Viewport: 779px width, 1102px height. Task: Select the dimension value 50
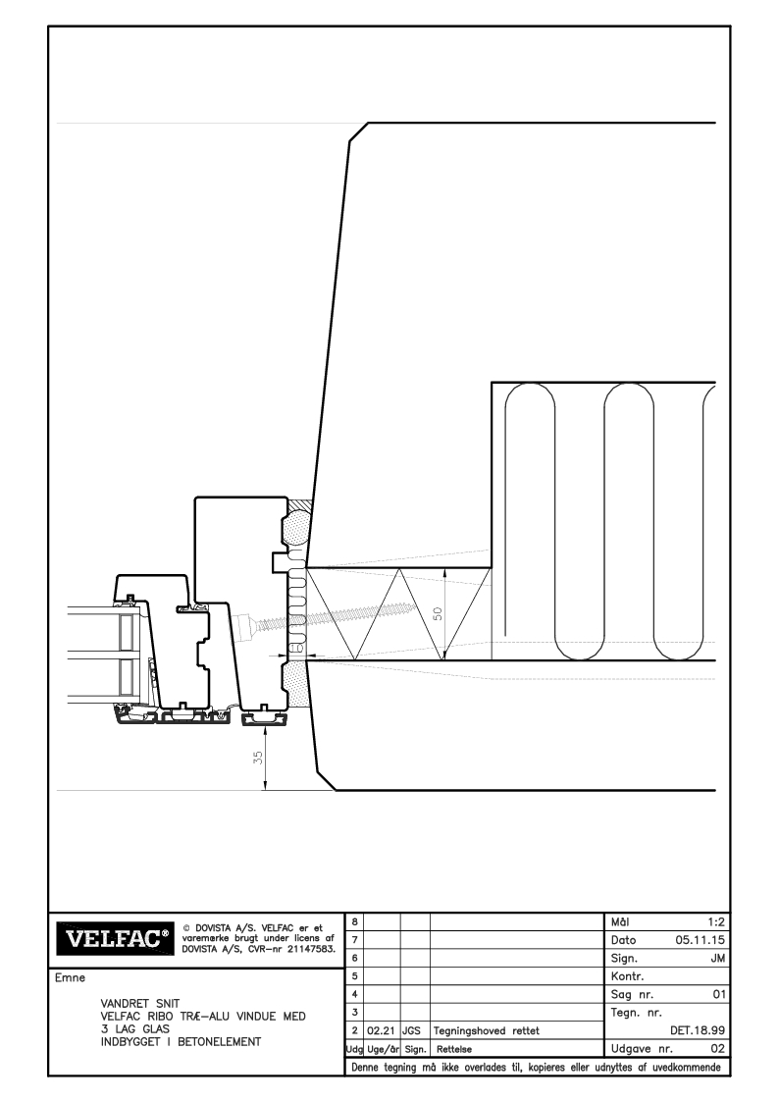[437, 613]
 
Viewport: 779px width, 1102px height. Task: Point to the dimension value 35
[258, 758]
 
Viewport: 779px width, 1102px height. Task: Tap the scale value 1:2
[716, 922]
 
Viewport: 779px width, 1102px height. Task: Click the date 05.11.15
[701, 940]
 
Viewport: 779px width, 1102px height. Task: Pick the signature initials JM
[718, 959]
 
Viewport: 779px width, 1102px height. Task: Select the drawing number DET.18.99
[698, 1031]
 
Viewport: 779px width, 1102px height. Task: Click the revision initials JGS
[411, 1031]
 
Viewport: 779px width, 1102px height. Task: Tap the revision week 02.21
[382, 1031]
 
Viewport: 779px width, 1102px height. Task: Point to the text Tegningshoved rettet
[487, 1031]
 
